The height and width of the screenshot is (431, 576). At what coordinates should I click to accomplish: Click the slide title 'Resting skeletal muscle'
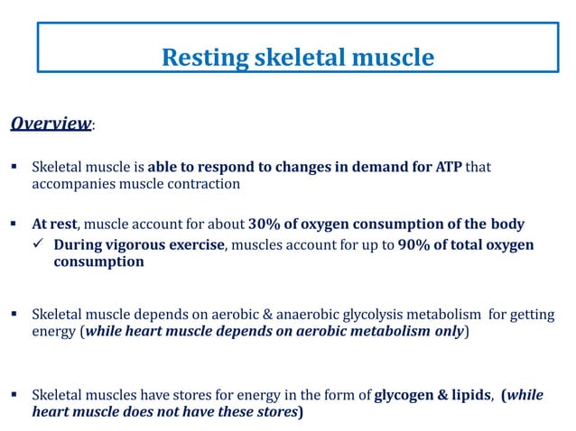coord(297,58)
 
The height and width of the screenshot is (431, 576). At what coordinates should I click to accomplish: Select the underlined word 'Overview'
coord(51,124)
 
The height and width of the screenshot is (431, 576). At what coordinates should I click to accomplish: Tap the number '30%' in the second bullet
coord(266,225)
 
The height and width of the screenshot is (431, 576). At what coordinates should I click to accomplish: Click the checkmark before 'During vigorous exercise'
coord(41,245)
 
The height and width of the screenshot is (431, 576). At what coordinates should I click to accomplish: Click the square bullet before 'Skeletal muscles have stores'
coord(15,394)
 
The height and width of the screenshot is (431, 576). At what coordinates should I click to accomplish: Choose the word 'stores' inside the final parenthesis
coord(273,413)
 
